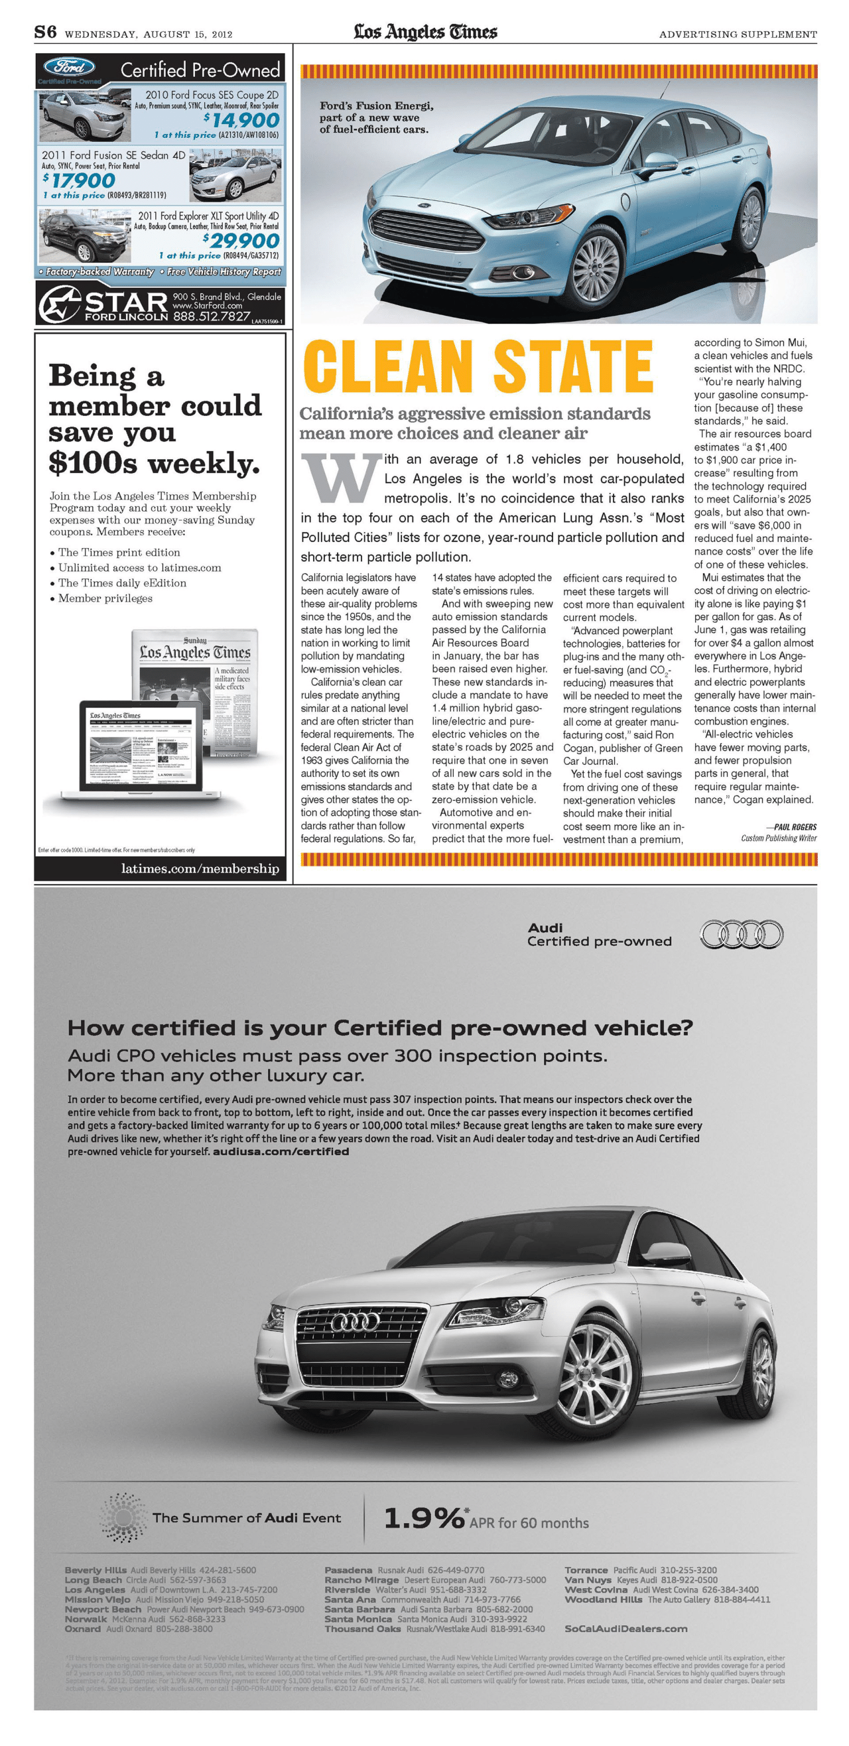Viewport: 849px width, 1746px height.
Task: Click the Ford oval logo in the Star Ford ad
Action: [x=69, y=66]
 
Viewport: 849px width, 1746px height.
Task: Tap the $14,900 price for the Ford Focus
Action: [x=242, y=121]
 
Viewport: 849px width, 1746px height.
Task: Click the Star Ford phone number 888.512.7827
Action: [x=212, y=316]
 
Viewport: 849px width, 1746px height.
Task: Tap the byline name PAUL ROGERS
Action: [x=795, y=827]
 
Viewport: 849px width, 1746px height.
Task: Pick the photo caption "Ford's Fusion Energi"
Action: [x=376, y=105]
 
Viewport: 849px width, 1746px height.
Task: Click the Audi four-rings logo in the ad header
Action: [x=741, y=935]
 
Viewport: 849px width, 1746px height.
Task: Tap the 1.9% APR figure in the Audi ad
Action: [x=423, y=1518]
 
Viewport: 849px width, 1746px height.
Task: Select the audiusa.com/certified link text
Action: [x=281, y=1152]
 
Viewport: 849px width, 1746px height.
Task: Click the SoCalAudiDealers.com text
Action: [x=625, y=1629]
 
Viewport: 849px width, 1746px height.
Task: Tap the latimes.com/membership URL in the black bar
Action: [x=200, y=869]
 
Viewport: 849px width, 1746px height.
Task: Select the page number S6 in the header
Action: [x=45, y=32]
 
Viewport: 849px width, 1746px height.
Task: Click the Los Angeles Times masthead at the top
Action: [x=425, y=32]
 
